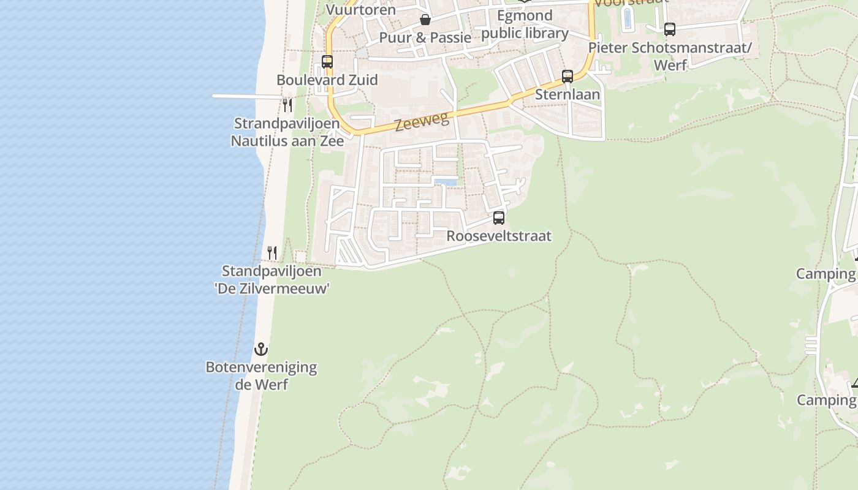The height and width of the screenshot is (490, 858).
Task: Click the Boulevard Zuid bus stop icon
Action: [x=327, y=62]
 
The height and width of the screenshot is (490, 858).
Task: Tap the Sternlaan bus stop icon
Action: [x=568, y=77]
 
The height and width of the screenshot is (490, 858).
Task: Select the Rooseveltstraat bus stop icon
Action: [x=499, y=218]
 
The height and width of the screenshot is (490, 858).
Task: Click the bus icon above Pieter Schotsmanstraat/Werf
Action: [x=670, y=29]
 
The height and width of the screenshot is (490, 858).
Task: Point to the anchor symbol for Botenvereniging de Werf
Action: [x=261, y=349]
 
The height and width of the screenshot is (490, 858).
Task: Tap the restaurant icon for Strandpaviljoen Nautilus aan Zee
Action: [x=287, y=105]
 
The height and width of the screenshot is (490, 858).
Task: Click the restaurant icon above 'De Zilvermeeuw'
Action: [x=272, y=252]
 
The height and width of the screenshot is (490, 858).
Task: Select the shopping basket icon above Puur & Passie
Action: [x=425, y=20]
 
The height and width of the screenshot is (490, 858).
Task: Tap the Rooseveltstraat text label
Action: [x=499, y=236]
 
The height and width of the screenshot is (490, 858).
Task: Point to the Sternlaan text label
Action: [x=568, y=94]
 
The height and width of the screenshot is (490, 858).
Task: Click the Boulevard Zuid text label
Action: [x=327, y=80]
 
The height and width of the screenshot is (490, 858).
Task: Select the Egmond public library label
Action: [x=525, y=24]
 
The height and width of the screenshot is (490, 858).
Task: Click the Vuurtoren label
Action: [x=361, y=9]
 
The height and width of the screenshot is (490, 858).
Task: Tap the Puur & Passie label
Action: [x=425, y=37]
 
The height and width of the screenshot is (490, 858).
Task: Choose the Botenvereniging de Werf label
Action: [x=261, y=375]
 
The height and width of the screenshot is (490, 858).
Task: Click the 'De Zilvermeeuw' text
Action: [x=272, y=288]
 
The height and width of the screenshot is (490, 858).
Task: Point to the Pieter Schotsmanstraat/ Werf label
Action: [x=670, y=56]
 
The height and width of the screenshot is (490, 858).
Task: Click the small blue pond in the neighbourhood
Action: [x=446, y=181]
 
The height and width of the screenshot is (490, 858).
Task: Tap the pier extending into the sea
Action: [x=245, y=96]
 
